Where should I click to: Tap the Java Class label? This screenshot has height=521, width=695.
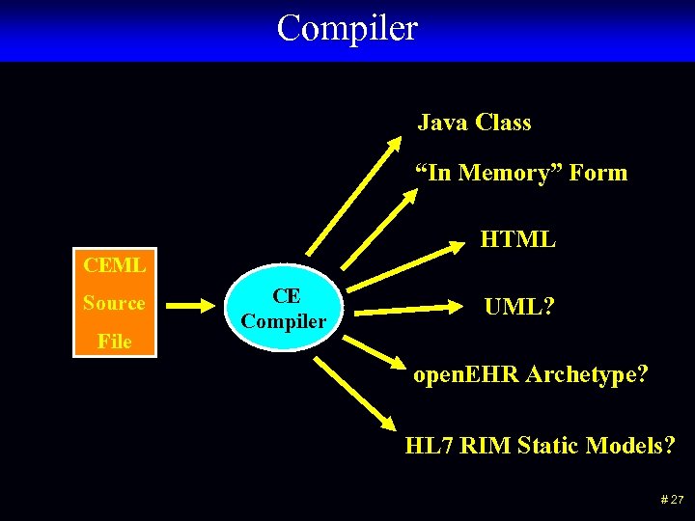pyautogui.click(x=474, y=123)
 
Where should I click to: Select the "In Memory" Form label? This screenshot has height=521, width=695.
pyautogui.click(x=521, y=173)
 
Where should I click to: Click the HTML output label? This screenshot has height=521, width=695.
pyautogui.click(x=517, y=238)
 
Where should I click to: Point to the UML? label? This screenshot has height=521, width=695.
pyautogui.click(x=518, y=307)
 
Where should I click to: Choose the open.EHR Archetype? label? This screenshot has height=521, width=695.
pyautogui.click(x=530, y=374)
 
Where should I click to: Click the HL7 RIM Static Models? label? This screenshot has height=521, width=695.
pyautogui.click(x=540, y=446)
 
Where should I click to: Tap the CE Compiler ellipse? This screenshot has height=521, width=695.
pyautogui.click(x=285, y=308)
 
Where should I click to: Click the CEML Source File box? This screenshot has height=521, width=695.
pyautogui.click(x=115, y=303)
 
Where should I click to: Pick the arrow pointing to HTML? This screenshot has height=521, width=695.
pyautogui.click(x=405, y=267)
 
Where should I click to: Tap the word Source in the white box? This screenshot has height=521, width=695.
pyautogui.click(x=114, y=303)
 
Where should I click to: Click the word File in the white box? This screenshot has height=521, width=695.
pyautogui.click(x=114, y=341)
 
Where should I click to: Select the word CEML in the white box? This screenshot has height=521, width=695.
pyautogui.click(x=115, y=264)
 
